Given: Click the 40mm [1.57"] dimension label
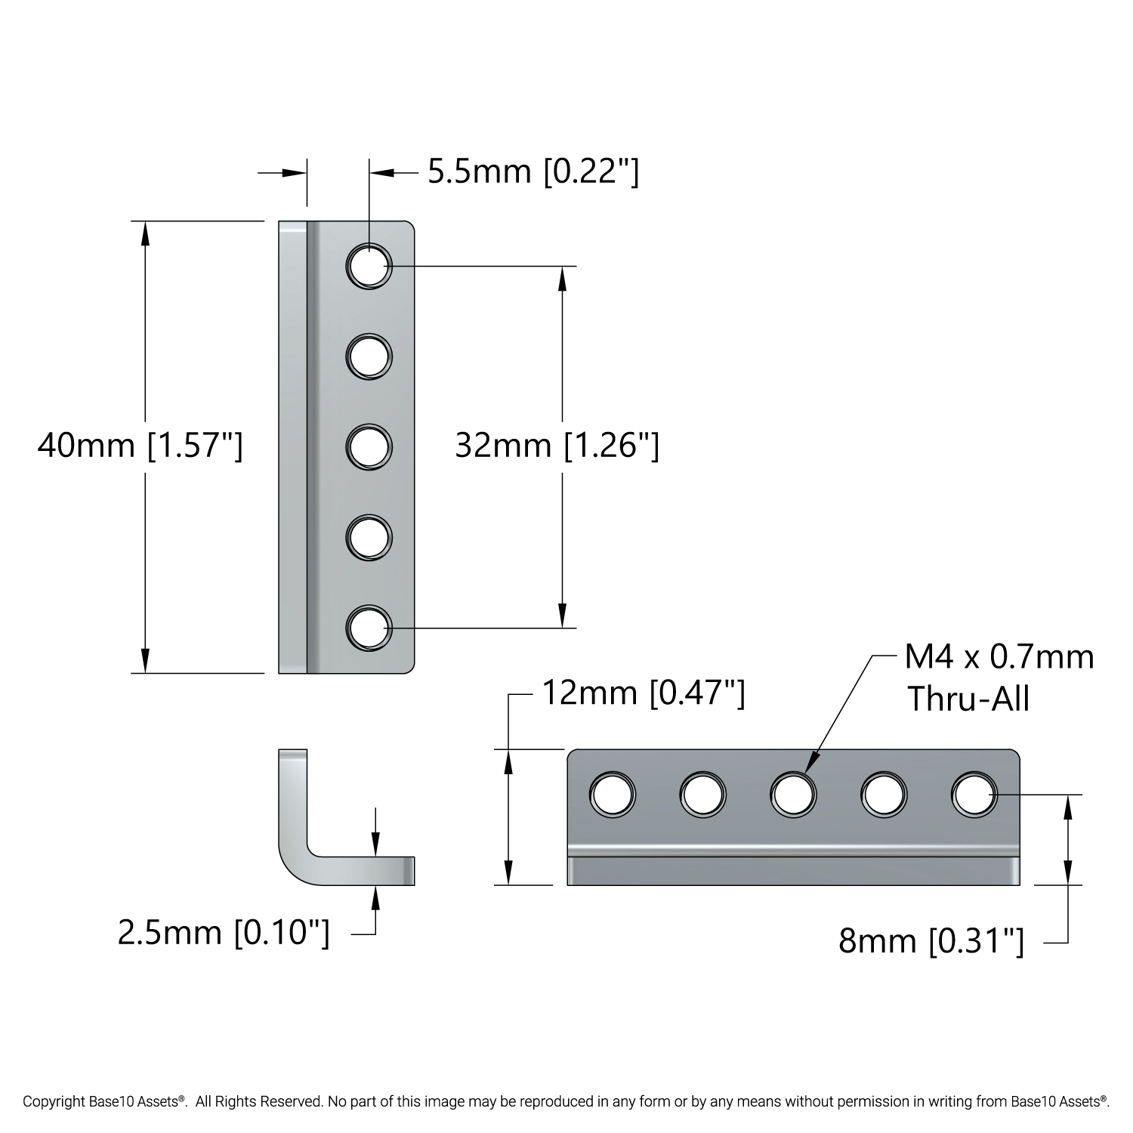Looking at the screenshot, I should (140, 446).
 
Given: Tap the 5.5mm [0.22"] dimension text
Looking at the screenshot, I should (533, 172).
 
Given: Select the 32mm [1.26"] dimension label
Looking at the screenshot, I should (557, 446).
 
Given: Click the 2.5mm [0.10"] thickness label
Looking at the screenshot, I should (224, 933).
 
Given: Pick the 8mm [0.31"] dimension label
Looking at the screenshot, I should (931, 942).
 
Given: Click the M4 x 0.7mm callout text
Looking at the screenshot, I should (999, 658).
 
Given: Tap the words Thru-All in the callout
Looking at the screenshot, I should (968, 699).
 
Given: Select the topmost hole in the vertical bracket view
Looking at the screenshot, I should (369, 266).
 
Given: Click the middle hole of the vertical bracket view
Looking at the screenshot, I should (369, 446).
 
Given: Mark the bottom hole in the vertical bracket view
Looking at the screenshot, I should (369, 628).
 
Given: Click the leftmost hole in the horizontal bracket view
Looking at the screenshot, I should (613, 795).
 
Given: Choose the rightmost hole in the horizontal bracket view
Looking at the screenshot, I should (974, 795).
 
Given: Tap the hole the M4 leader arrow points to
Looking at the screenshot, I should (793, 795).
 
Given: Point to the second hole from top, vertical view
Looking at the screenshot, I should (369, 356).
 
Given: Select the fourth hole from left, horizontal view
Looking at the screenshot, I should (884, 795).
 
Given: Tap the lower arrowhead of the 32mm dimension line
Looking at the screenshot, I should (561, 616).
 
